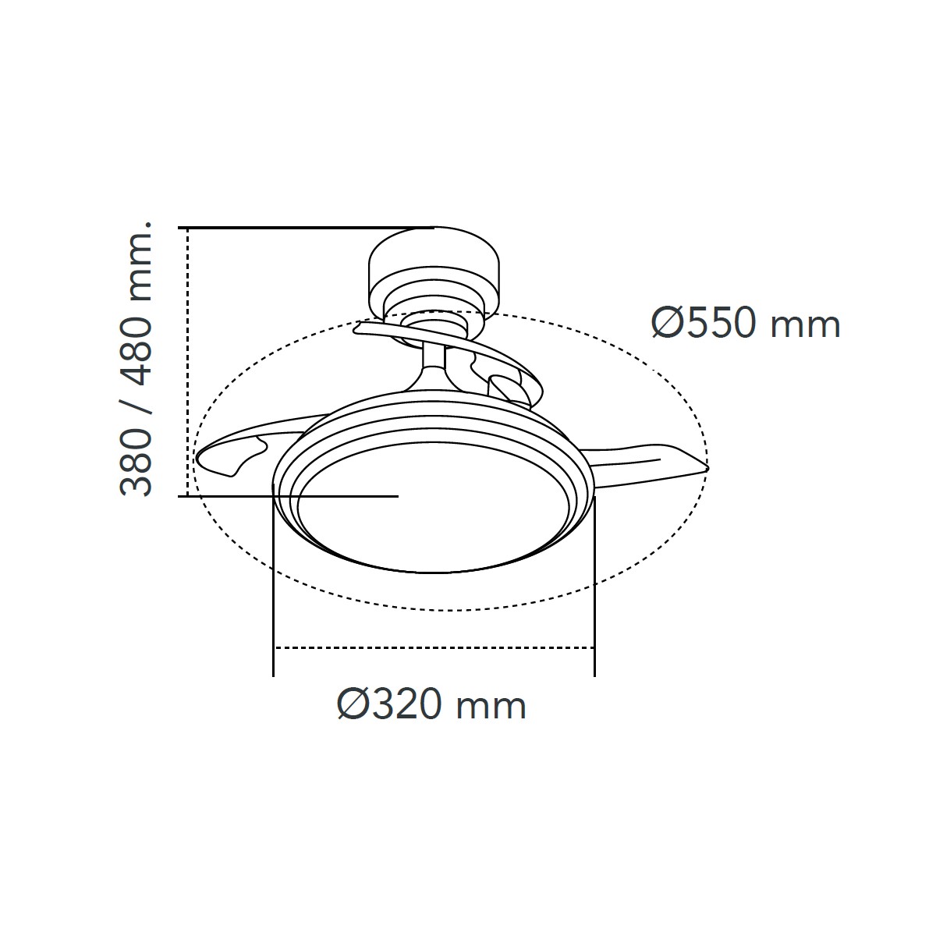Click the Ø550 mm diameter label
[x=746, y=323]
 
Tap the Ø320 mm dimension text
[x=431, y=705]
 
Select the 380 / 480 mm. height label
[x=136, y=359]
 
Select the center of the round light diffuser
[x=433, y=508]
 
